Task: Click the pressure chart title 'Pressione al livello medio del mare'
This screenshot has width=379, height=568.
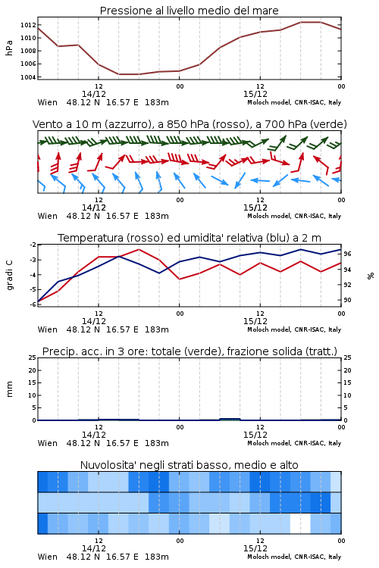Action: (x=189, y=11)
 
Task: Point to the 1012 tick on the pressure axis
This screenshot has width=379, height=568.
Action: (x=28, y=25)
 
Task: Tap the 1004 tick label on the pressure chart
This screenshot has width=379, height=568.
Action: (x=28, y=77)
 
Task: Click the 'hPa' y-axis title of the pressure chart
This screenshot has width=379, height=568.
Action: (x=9, y=48)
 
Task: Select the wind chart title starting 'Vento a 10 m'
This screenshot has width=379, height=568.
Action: (x=189, y=124)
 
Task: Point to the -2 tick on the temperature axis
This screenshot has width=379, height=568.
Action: (x=33, y=245)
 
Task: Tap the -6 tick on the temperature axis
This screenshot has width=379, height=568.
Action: (x=33, y=304)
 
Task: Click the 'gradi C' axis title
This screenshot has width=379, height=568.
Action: (x=9, y=276)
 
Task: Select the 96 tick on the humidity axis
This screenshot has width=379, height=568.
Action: (x=347, y=254)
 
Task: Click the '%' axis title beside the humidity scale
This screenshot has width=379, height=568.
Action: (x=371, y=276)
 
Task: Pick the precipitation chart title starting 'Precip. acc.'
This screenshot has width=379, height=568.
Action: (x=189, y=351)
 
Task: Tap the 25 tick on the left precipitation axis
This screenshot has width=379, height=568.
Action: (x=33, y=357)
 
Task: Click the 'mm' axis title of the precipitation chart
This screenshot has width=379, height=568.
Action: (x=9, y=389)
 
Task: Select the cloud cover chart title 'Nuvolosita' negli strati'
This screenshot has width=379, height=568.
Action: (x=189, y=465)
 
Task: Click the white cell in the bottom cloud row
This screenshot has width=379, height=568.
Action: (x=300, y=523)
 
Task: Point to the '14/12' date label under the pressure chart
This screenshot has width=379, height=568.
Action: (x=94, y=94)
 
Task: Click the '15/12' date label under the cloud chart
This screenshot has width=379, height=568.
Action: (x=255, y=548)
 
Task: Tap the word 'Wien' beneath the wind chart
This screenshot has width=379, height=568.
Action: (x=48, y=217)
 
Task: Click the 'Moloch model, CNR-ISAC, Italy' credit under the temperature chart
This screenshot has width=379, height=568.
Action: (x=294, y=329)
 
